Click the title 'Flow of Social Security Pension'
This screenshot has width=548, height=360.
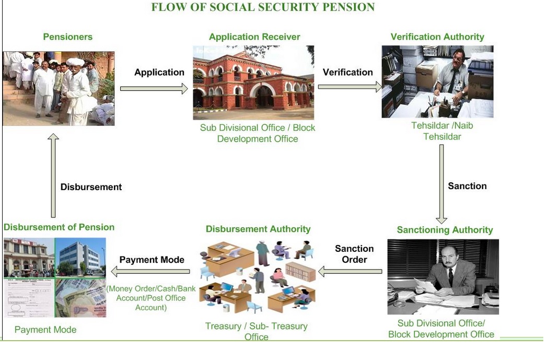click(263, 7)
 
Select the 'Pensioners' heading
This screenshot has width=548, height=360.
click(67, 37)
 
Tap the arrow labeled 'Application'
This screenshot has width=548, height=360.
click(154, 89)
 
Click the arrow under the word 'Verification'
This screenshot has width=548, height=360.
click(349, 86)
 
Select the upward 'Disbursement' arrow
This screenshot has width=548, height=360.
click(53, 175)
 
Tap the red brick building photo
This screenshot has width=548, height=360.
click(253, 83)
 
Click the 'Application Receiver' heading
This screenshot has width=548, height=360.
click(254, 37)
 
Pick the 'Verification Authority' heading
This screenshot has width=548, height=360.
click(437, 37)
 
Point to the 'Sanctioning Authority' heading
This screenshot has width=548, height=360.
click(445, 230)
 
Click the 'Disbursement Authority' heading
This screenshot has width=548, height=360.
click(258, 229)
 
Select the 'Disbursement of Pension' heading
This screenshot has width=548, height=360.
click(59, 227)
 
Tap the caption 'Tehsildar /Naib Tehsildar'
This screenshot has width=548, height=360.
click(442, 131)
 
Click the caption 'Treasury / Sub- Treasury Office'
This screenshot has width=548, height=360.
click(256, 331)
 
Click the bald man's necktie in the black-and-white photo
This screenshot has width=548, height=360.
click(450, 276)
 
